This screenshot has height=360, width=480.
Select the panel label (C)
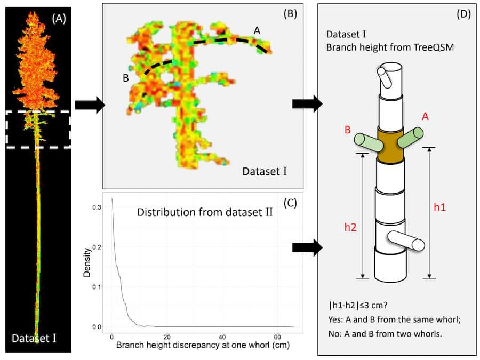pos(289,202)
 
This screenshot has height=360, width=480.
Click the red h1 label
pos(439,207)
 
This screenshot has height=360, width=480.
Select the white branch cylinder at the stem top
pos(386,78)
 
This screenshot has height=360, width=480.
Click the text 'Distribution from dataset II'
pos(205,213)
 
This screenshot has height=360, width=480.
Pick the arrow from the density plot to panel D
pos(308,246)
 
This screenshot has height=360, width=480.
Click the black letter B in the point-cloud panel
pos(126,78)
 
